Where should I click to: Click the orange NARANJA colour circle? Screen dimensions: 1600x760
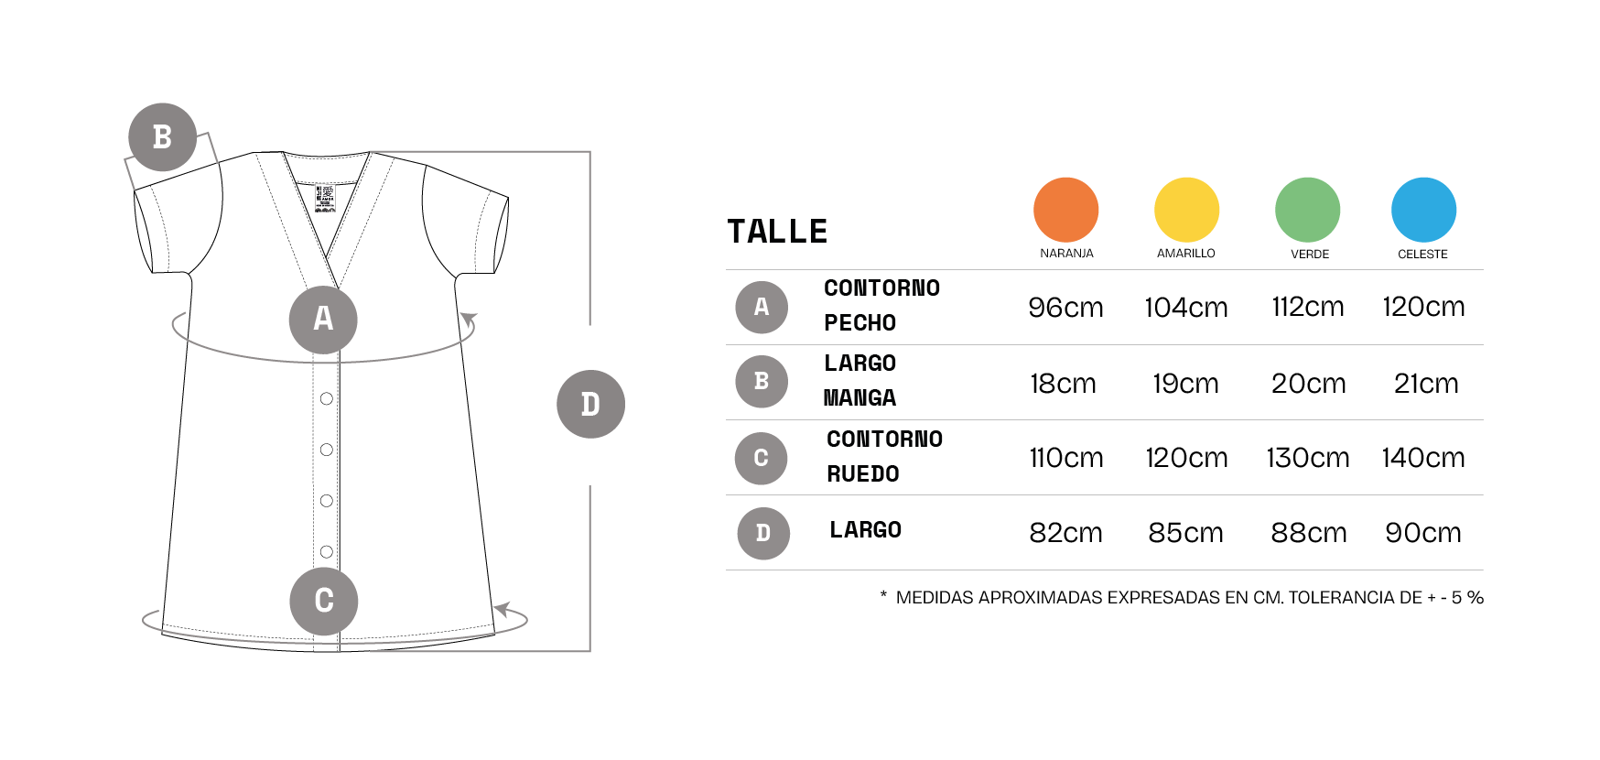[x=1065, y=210]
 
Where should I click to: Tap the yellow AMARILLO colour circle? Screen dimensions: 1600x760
[x=1186, y=210]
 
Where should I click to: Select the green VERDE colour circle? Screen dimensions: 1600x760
[x=1307, y=210]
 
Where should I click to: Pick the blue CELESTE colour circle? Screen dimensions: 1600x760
[x=1423, y=210]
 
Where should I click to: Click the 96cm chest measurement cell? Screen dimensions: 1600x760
[x=1065, y=308]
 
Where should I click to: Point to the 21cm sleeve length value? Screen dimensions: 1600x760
[x=1426, y=384]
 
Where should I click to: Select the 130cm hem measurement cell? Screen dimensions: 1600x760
[x=1308, y=458]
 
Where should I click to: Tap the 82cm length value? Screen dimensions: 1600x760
[x=1065, y=533]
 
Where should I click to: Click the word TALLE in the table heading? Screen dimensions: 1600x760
[x=777, y=232]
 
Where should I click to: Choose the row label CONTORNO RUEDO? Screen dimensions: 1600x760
[x=884, y=457]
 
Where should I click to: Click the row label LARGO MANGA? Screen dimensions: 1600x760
[x=859, y=381]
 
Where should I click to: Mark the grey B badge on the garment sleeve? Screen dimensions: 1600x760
[x=162, y=137]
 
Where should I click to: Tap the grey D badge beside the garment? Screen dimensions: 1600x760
[x=590, y=404]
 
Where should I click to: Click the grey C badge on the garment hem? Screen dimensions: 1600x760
[x=323, y=601]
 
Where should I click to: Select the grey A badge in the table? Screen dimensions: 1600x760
[x=762, y=307]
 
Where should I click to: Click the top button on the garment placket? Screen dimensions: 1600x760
[x=327, y=398]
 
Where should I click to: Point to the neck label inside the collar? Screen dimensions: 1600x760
[x=325, y=199]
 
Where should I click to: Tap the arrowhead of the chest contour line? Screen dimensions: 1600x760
[x=469, y=320]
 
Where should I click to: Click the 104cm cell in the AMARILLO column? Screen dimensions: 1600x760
[x=1186, y=308]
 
